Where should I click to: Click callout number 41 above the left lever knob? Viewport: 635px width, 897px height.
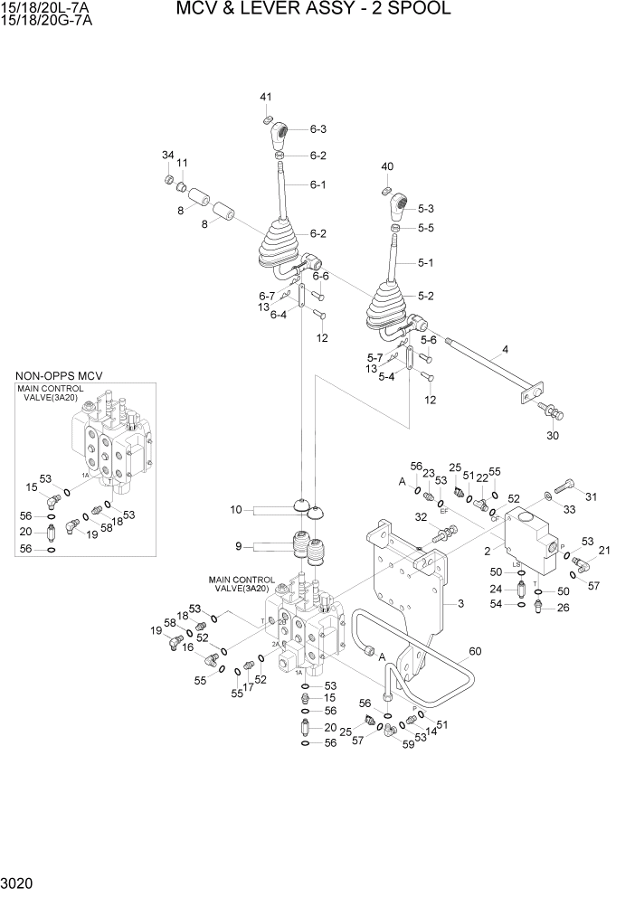point(266,97)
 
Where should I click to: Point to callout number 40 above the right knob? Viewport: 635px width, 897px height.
point(387,166)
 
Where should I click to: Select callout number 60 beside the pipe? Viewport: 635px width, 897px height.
point(475,650)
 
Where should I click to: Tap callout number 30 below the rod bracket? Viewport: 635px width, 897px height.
point(553,435)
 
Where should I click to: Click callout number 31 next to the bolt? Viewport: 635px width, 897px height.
point(592,496)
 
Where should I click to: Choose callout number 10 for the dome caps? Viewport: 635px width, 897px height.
point(236,510)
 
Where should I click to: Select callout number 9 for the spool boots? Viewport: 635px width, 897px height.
point(239,545)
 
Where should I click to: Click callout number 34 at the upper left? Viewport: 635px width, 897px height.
point(167,156)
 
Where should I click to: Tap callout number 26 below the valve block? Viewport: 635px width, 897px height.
point(563,608)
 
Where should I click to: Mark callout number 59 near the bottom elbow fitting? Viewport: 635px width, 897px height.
point(408,744)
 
